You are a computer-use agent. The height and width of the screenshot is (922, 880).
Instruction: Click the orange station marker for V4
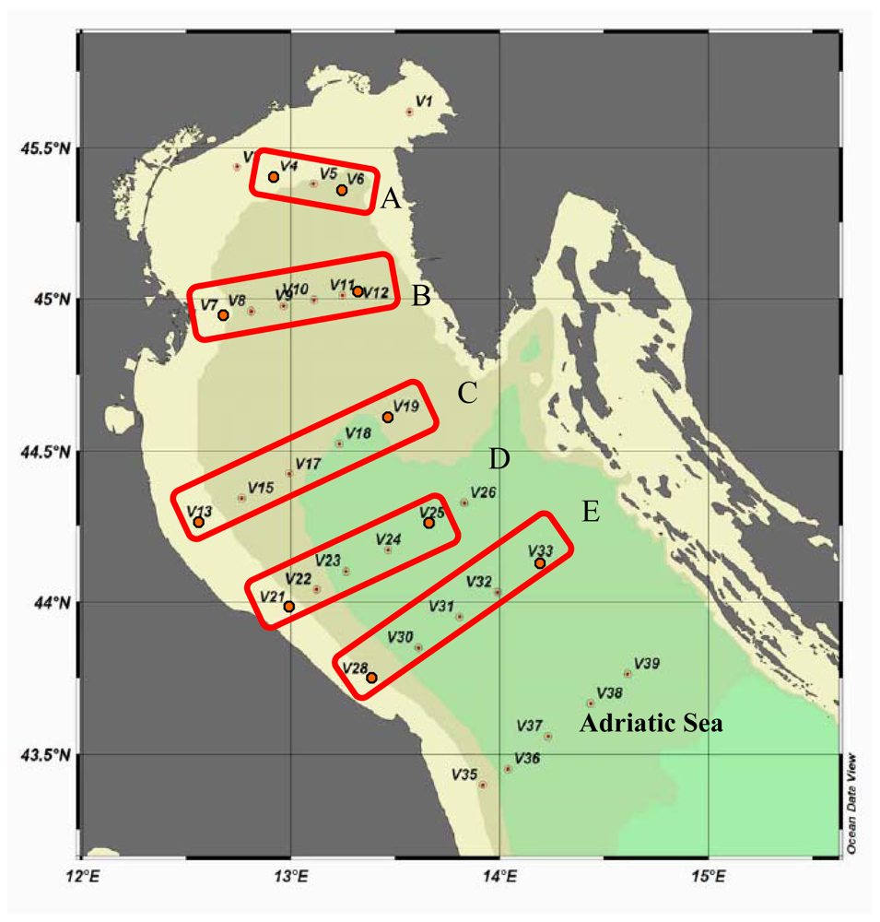click(274, 176)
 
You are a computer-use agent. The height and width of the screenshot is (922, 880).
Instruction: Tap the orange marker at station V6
click(342, 190)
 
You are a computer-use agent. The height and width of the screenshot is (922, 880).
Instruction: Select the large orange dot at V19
click(388, 418)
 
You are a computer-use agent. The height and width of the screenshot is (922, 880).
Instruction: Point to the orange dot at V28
click(371, 678)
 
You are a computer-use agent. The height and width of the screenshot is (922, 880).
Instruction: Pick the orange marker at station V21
click(289, 607)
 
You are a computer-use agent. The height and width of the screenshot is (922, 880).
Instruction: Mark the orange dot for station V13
click(198, 522)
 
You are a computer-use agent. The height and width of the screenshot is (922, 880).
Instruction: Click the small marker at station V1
click(410, 112)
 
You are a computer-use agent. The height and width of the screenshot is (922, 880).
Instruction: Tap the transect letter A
click(390, 198)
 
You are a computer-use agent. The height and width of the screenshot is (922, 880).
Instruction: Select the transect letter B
click(421, 296)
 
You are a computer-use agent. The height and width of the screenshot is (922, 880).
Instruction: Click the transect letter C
click(467, 394)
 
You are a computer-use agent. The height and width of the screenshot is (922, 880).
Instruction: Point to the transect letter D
click(499, 458)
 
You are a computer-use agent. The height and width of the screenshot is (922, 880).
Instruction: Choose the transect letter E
click(591, 512)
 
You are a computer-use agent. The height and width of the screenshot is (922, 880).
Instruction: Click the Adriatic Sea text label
click(651, 724)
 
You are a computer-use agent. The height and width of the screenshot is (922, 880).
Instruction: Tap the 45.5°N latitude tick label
click(46, 148)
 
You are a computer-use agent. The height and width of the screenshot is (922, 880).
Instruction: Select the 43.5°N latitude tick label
click(46, 755)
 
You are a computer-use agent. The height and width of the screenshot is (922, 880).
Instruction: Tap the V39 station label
click(648, 664)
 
